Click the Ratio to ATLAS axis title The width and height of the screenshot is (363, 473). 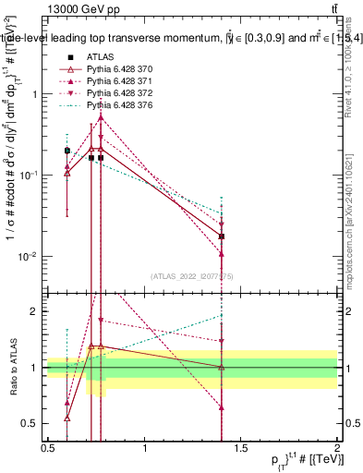[14, 367]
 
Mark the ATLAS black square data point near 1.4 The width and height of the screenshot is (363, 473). [222, 236]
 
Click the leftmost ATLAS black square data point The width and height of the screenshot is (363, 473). [67, 150]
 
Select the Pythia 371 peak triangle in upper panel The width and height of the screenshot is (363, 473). [101, 117]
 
